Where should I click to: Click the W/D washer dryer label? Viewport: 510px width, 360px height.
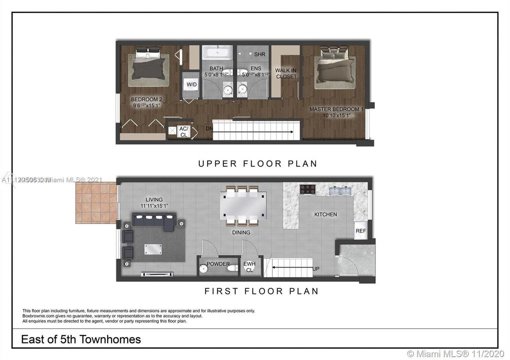[192, 84]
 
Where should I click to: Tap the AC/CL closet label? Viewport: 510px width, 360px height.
[183, 131]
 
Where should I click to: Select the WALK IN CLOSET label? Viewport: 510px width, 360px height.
[286, 73]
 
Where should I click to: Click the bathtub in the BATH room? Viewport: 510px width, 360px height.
[217, 52]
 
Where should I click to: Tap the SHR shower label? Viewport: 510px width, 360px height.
[260, 54]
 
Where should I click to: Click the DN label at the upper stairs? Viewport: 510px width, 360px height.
[209, 128]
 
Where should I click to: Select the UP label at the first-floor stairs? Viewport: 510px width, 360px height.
[315, 269]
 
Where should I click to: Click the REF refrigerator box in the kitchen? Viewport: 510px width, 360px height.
[360, 230]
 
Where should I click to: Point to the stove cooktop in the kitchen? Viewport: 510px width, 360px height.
[307, 189]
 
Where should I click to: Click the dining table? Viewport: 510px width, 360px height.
[243, 205]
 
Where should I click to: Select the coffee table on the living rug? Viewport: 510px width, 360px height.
[153, 248]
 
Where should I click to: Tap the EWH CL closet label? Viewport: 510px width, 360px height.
[249, 267]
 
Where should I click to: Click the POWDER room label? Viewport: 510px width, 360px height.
[218, 264]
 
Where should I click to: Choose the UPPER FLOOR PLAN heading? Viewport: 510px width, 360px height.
[257, 163]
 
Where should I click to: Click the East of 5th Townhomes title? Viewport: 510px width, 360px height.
[81, 339]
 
